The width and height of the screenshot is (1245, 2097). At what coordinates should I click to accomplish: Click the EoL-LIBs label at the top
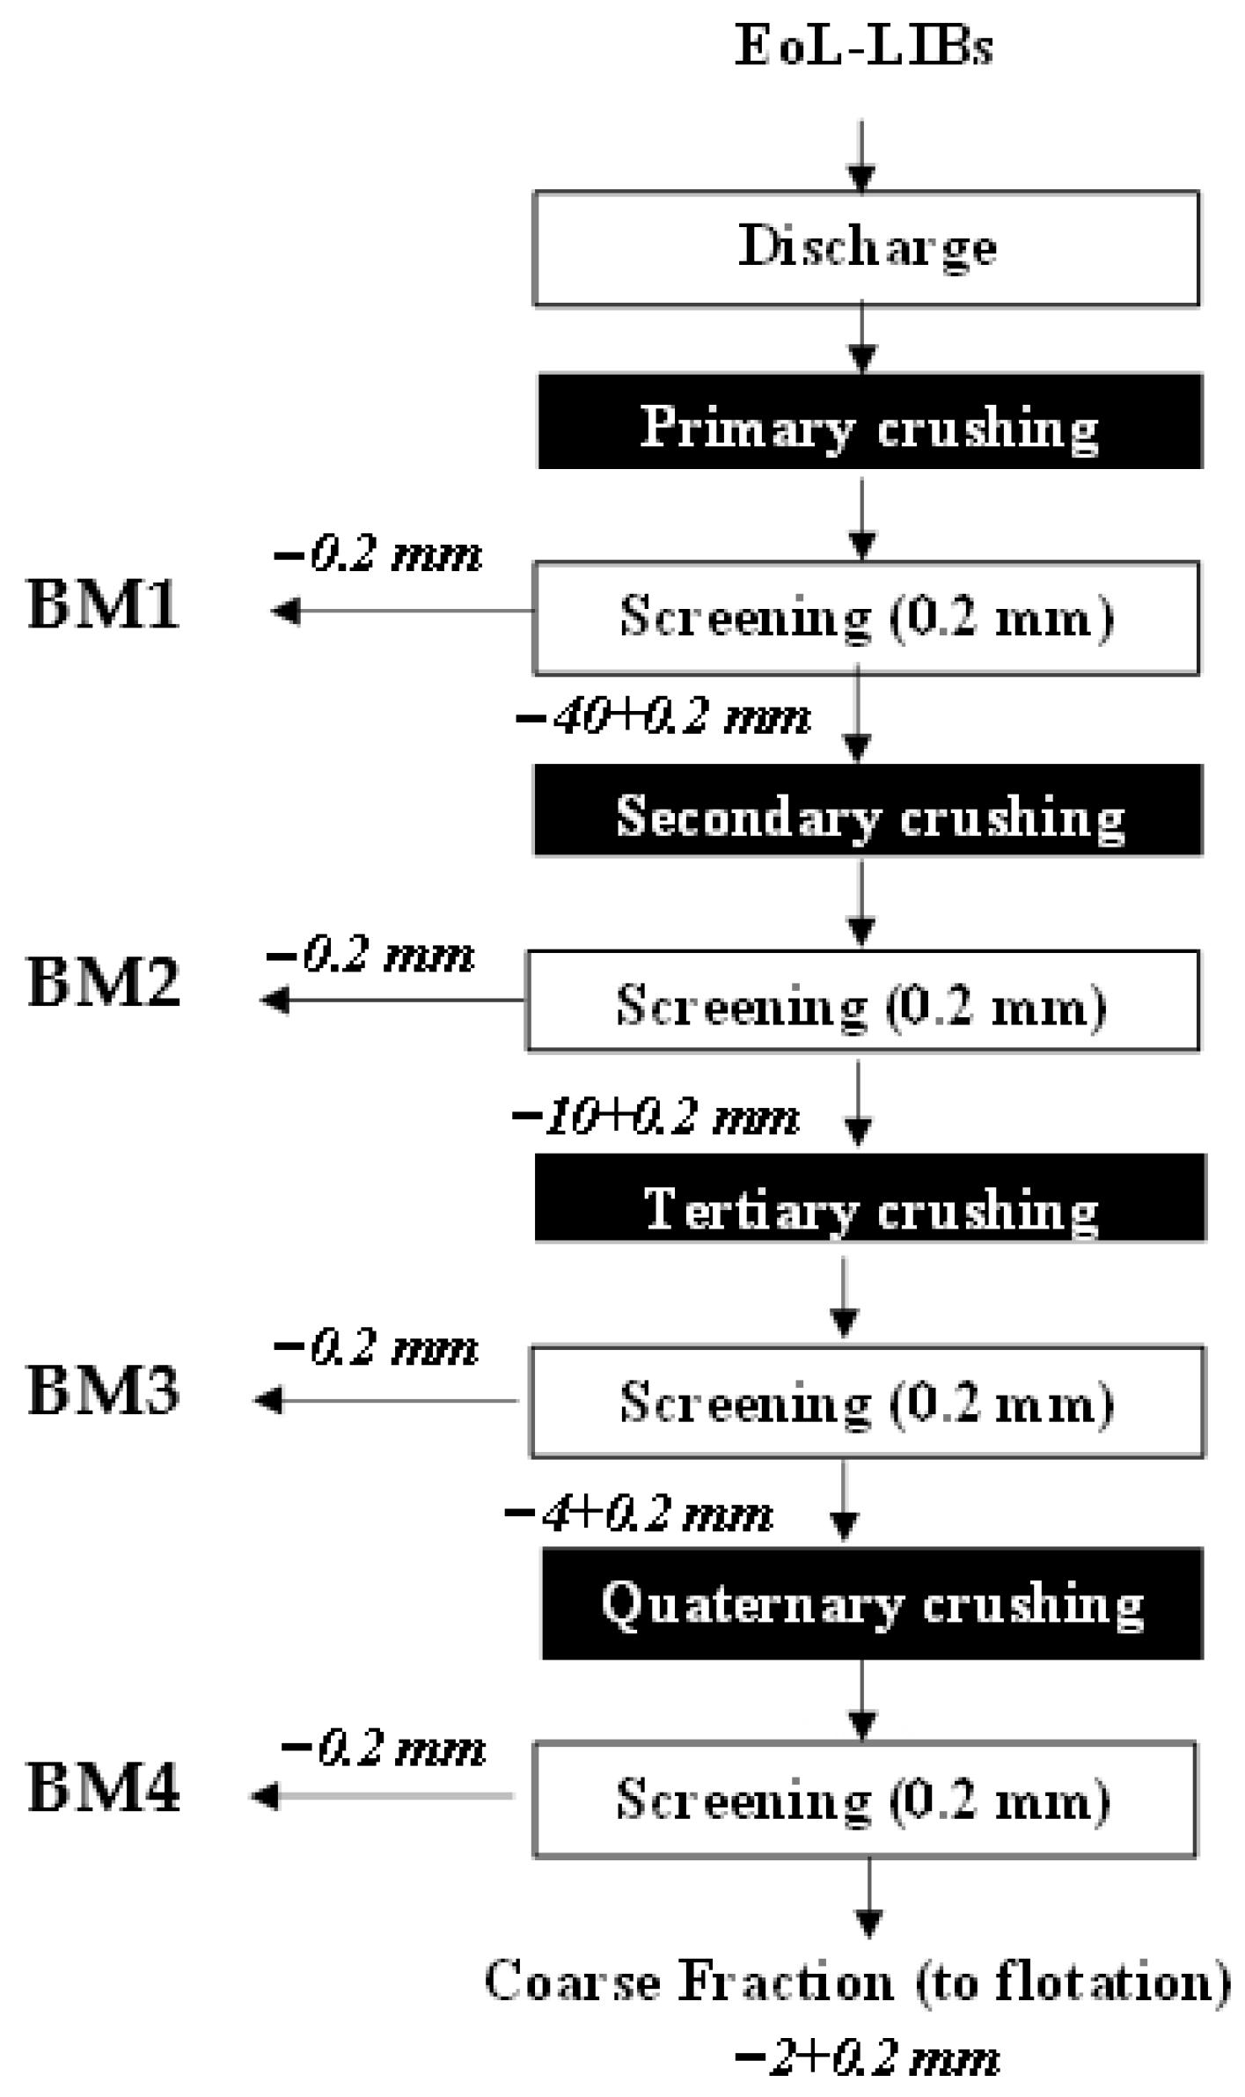(864, 47)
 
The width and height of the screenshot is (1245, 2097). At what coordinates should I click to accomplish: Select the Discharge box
(867, 247)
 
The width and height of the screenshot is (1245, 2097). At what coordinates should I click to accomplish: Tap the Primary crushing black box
(869, 422)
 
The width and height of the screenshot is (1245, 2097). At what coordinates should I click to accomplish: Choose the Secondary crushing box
(868, 810)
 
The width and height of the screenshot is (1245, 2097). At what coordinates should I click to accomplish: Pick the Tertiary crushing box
(870, 1198)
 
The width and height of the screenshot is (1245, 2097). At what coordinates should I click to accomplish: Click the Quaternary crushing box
(872, 1603)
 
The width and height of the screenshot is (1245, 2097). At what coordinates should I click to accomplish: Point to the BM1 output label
(104, 606)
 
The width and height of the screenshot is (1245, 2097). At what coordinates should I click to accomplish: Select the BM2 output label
(104, 983)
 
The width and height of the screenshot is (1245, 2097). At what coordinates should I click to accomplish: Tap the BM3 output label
(104, 1391)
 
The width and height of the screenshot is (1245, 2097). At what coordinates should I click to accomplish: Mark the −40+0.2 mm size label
(663, 717)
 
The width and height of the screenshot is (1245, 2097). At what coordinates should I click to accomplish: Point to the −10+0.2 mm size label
(655, 1118)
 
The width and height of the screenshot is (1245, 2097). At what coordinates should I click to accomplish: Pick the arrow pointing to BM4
(383, 1796)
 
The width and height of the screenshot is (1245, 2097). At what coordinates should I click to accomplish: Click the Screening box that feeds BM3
(868, 1402)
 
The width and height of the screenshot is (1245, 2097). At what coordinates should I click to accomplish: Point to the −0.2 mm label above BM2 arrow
(371, 955)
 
